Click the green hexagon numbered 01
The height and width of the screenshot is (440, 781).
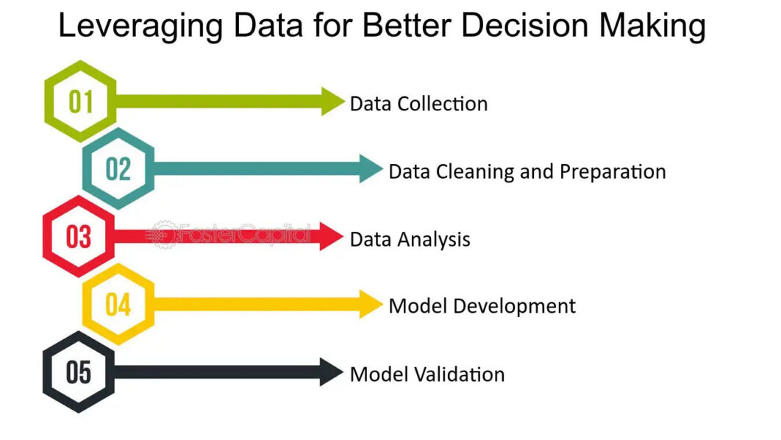tap(80, 102)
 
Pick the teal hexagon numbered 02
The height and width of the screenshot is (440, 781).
tap(118, 169)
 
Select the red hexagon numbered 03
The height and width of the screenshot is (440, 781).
tap(79, 237)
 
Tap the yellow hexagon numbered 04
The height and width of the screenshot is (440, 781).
tap(118, 304)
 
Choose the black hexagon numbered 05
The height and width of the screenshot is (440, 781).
tap(79, 372)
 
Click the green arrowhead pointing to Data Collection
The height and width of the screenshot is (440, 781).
tap(332, 102)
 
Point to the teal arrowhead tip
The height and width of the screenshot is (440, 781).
tap(379, 169)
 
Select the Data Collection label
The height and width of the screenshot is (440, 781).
tap(418, 104)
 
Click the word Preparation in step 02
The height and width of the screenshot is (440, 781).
tap(613, 171)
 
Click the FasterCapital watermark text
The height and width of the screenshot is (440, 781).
tap(243, 233)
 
